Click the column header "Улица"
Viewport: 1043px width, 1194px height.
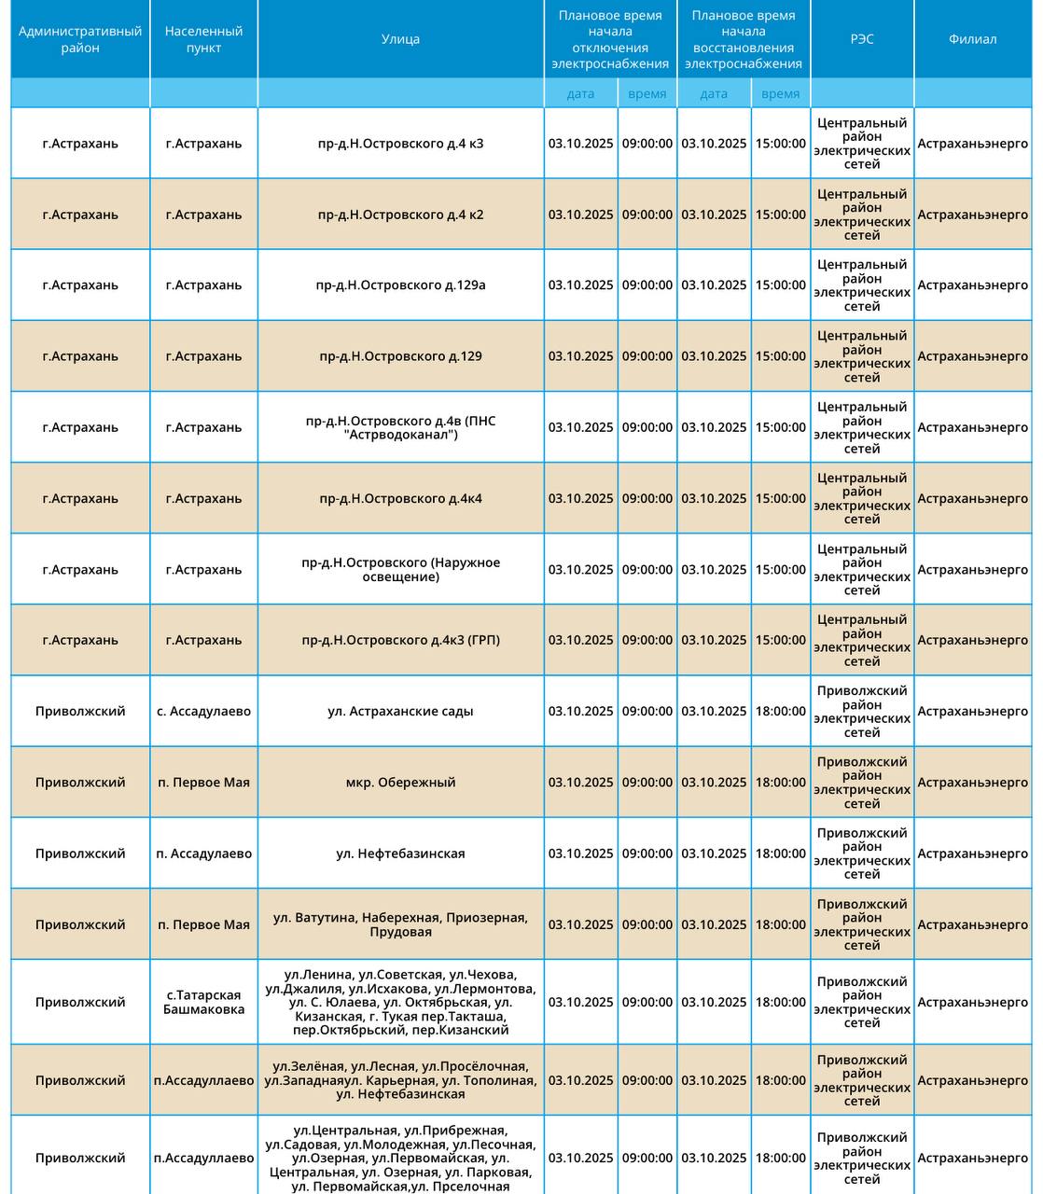click(x=400, y=39)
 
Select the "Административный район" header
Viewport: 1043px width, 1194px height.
click(x=80, y=39)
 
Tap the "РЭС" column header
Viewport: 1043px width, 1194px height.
click(x=862, y=39)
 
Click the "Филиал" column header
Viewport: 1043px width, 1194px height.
click(x=972, y=39)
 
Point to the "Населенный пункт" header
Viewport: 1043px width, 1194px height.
click(x=203, y=39)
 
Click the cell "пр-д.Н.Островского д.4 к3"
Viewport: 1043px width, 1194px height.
click(x=400, y=144)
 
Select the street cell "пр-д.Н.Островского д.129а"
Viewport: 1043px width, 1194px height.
click(x=400, y=285)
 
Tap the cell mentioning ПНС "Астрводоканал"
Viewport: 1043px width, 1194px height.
click(x=400, y=427)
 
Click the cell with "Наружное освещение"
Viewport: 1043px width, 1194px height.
click(x=400, y=569)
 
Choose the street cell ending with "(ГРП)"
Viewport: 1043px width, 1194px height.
click(x=400, y=640)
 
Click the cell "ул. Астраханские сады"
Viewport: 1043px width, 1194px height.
click(x=400, y=711)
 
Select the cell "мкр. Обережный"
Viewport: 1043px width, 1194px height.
click(x=400, y=783)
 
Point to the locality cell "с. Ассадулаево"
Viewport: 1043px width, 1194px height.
click(x=203, y=711)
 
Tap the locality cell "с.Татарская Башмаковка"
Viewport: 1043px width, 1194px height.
click(x=203, y=1002)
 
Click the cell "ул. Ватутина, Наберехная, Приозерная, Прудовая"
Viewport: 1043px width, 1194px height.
click(x=400, y=924)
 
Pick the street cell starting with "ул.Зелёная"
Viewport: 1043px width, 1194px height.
click(x=400, y=1080)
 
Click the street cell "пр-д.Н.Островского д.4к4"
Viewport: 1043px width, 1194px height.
click(x=400, y=498)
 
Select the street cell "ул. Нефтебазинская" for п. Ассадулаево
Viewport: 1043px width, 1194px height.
click(x=400, y=854)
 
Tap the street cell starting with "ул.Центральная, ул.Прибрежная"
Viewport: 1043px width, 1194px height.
click(x=400, y=1158)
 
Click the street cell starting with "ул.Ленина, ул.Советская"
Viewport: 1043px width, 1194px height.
click(x=400, y=1002)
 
